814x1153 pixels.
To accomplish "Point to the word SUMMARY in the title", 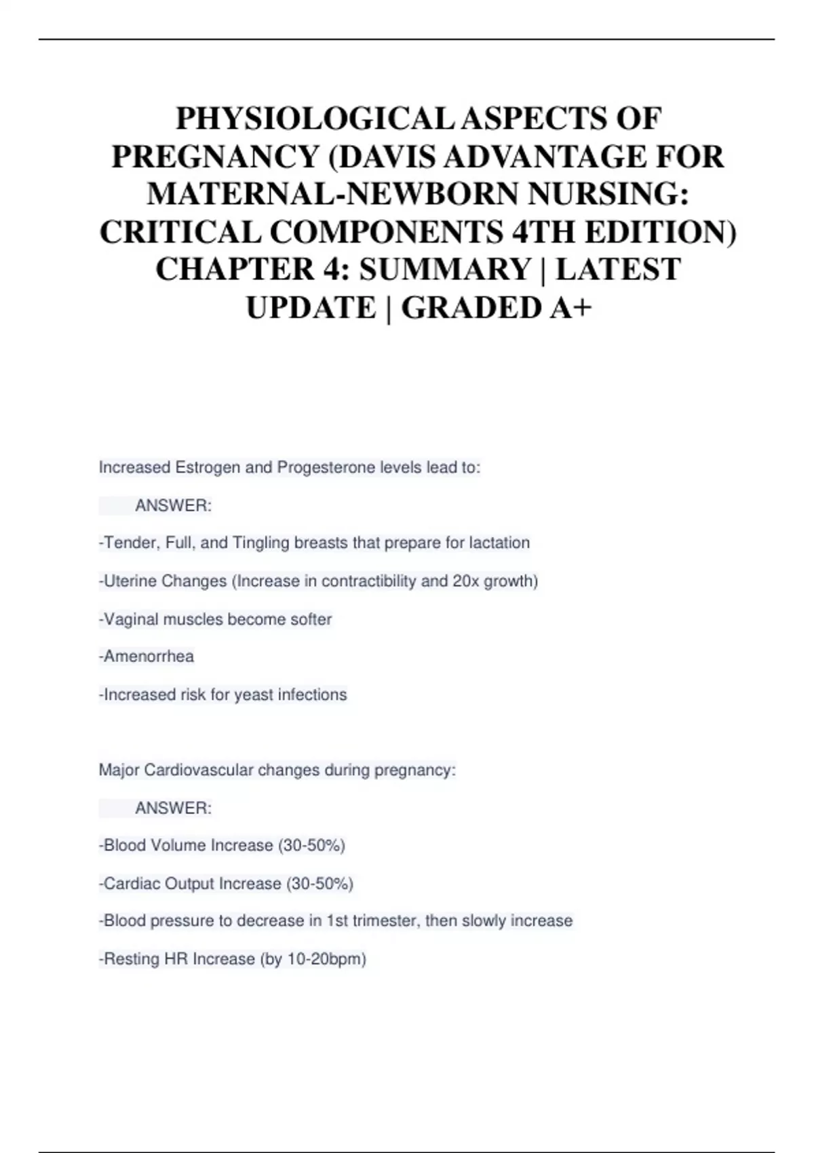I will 445,270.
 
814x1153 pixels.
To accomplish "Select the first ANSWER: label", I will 174,506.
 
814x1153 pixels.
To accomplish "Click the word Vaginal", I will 131,619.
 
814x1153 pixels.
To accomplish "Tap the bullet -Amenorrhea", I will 147,657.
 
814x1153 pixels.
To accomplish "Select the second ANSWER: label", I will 174,808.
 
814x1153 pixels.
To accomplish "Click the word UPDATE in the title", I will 311,308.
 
